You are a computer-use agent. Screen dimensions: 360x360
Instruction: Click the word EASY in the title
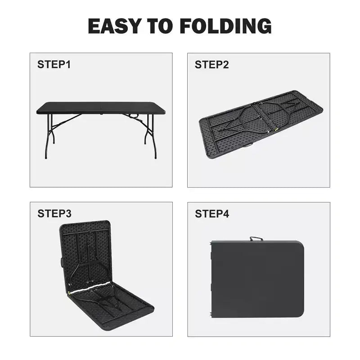(115, 26)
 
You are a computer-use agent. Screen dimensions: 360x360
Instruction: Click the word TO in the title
(160, 26)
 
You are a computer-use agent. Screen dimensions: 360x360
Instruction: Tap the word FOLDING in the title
(226, 26)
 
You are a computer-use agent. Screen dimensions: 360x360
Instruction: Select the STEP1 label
(54, 64)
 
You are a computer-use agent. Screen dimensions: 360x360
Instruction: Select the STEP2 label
(211, 64)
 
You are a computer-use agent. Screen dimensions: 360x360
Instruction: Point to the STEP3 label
(54, 213)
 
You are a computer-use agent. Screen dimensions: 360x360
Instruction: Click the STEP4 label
(212, 214)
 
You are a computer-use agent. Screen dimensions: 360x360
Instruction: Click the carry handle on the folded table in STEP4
(256, 238)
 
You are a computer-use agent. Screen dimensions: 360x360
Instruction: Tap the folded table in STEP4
(257, 279)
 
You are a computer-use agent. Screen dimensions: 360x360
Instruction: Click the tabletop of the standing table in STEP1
(101, 108)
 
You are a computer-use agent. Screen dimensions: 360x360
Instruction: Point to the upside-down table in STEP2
(261, 124)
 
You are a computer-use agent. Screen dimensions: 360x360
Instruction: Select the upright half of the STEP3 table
(85, 256)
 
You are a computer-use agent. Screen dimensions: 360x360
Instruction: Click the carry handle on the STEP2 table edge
(248, 145)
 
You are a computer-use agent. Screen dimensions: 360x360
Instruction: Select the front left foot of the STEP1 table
(46, 157)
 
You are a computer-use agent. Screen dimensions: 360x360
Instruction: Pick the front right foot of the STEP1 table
(155, 157)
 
